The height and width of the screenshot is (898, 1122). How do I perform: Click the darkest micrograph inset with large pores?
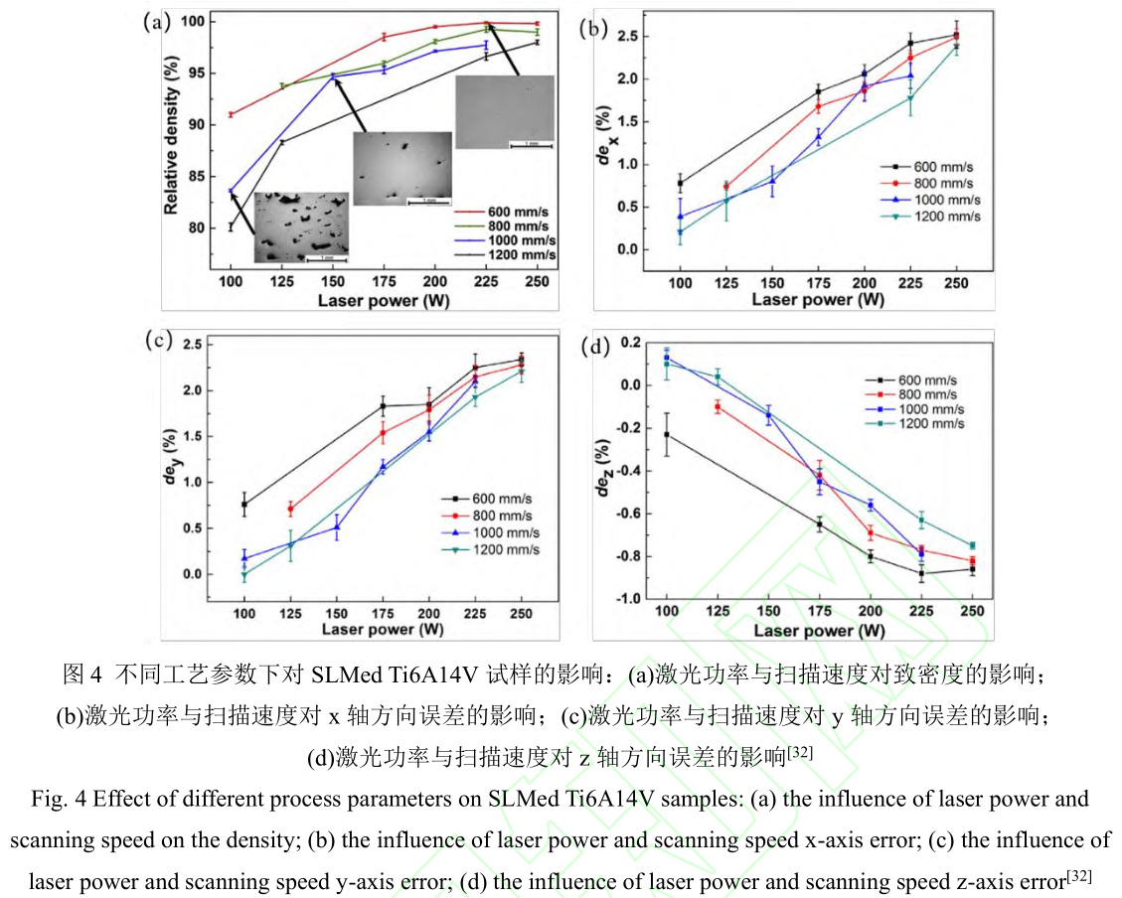pyautogui.click(x=302, y=227)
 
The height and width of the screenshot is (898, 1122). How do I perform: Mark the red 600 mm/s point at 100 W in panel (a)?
pyautogui.click(x=232, y=114)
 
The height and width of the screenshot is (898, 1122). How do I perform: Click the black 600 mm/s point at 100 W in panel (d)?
pyautogui.click(x=666, y=434)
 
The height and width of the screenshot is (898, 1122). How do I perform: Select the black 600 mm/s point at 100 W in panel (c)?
pyautogui.click(x=244, y=505)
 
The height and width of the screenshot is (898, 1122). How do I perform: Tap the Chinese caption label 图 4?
pyautogui.click(x=82, y=674)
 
